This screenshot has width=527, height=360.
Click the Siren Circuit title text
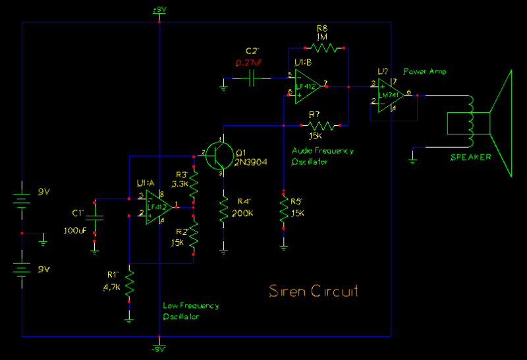(314, 291)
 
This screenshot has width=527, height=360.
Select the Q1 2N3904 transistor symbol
(219, 155)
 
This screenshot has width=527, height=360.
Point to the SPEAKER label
(470, 157)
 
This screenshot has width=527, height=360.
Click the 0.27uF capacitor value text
(250, 63)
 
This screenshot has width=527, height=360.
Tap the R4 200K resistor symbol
(224, 210)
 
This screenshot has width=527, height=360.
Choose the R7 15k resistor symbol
(322, 125)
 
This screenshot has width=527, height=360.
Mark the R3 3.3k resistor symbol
(194, 185)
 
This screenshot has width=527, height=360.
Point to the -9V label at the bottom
(159, 348)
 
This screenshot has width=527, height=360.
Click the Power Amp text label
(424, 71)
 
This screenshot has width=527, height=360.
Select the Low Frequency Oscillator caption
(191, 311)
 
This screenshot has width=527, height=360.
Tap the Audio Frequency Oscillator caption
(323, 156)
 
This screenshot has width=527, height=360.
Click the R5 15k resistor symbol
(284, 210)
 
